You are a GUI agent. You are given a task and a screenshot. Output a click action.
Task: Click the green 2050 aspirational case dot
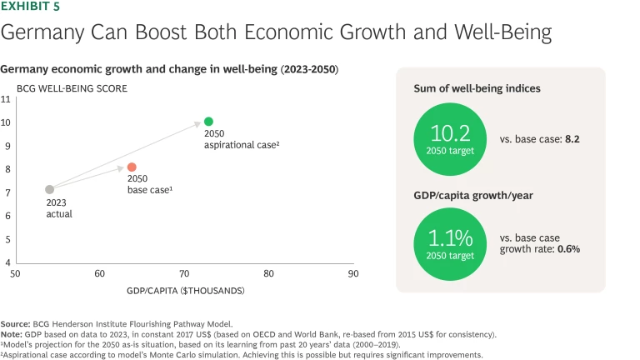click(x=208, y=122)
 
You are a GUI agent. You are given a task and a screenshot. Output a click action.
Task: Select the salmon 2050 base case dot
click(x=132, y=167)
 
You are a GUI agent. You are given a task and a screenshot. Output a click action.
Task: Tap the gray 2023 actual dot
click(x=50, y=190)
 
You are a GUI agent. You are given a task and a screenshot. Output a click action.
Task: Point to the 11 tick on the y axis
click(x=6, y=99)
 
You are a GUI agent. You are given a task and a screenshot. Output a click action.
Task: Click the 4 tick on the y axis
click(x=7, y=262)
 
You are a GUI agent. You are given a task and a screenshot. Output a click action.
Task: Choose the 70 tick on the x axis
click(x=184, y=273)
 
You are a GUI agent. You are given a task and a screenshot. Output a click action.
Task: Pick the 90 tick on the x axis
click(x=353, y=273)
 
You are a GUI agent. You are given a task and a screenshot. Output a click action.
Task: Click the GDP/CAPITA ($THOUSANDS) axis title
click(x=184, y=291)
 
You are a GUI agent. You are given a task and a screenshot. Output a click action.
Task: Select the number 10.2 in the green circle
click(x=451, y=133)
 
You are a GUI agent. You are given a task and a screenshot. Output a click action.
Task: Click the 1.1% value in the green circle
click(x=451, y=236)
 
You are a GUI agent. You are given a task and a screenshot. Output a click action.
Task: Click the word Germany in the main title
click(x=35, y=33)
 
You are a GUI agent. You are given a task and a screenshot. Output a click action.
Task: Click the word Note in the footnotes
click(x=12, y=333)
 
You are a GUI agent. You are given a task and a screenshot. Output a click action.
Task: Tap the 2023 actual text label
click(x=58, y=208)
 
